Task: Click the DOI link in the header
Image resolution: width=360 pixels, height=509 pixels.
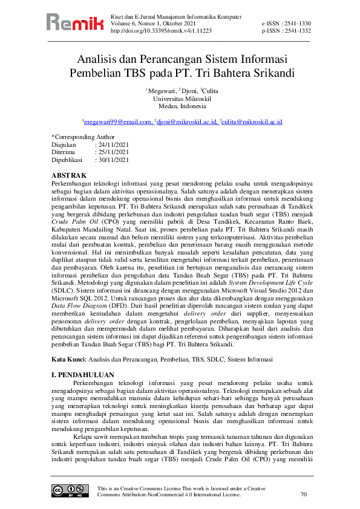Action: click(x=162, y=30)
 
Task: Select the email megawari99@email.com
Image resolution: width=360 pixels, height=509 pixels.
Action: click(x=118, y=122)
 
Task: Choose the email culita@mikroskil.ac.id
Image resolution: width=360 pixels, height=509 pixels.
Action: click(x=252, y=122)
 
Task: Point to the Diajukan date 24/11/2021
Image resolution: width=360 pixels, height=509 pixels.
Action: click(x=113, y=145)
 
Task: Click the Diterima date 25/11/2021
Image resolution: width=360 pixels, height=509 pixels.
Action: click(x=113, y=153)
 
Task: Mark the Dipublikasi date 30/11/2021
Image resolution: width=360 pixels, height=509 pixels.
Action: click(x=113, y=161)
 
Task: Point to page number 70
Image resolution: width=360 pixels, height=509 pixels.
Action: click(x=304, y=494)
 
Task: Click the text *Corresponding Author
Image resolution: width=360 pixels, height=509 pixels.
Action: click(x=83, y=137)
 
